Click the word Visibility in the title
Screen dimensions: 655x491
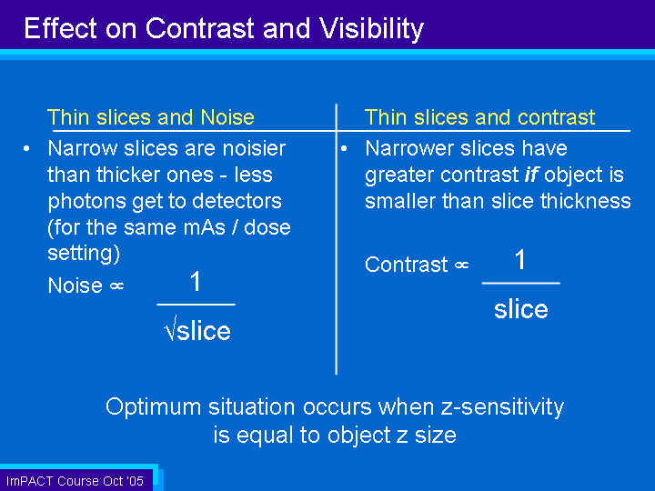[371, 30]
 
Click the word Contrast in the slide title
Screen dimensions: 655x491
[199, 28]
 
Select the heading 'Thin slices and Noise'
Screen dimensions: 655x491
[151, 117]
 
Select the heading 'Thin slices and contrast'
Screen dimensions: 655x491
[480, 117]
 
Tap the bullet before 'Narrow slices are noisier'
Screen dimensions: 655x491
[26, 148]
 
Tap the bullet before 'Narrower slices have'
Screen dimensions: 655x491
[344, 148]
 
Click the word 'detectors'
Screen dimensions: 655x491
[237, 201]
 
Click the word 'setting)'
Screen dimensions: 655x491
[84, 254]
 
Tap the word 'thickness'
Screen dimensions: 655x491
[585, 201]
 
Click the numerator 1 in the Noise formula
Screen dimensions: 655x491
[196, 281]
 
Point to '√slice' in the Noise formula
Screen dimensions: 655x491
[197, 329]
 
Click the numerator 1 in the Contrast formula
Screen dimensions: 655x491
[520, 259]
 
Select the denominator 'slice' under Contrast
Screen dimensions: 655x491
[521, 309]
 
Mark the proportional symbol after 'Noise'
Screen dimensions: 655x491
[117, 286]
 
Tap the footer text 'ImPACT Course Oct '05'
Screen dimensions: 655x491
[76, 481]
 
